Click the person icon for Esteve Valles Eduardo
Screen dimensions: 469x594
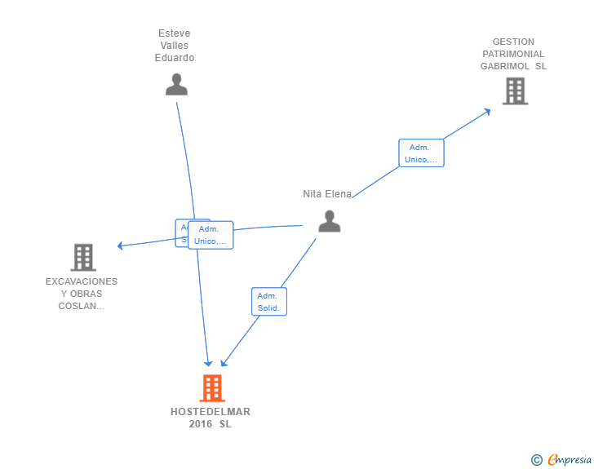coord(176,84)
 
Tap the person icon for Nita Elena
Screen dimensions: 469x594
coord(329,221)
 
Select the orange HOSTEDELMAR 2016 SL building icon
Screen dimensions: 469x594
coord(212,388)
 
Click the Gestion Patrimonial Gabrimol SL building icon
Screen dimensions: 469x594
coord(515,91)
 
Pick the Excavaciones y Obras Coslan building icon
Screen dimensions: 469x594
coord(82,257)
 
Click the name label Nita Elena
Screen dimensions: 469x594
coord(327,194)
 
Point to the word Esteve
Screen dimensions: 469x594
coord(175,33)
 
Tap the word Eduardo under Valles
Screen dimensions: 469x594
coord(175,58)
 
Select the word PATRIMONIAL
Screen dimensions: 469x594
coord(513,54)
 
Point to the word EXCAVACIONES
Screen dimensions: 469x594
coord(82,281)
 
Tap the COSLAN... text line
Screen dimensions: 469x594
coord(82,306)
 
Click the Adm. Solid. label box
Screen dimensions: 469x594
coord(268,302)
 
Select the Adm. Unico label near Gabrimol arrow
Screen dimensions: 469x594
coord(421,153)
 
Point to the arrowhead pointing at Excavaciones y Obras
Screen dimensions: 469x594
coord(120,246)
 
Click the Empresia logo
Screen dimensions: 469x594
coord(570,460)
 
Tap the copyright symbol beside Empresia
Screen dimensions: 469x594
coord(536,460)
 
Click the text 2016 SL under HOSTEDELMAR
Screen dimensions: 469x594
coord(211,424)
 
